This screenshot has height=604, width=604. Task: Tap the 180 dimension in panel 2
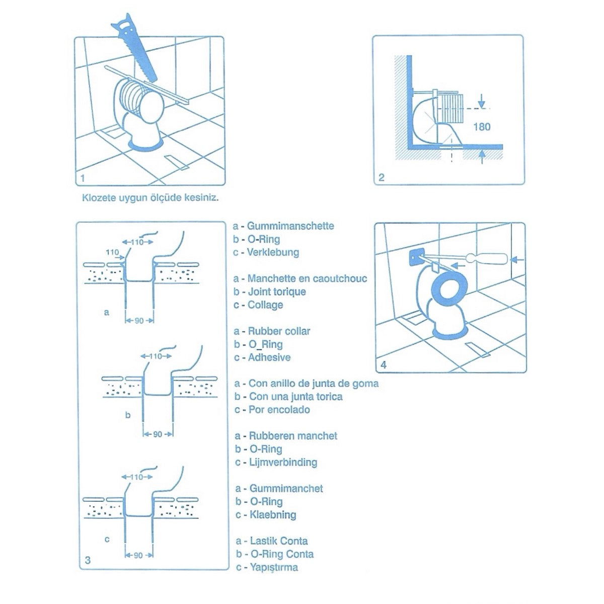(x=481, y=126)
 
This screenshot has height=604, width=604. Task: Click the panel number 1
(x=82, y=178)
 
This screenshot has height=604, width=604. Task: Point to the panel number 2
(x=381, y=177)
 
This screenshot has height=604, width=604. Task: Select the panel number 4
(x=384, y=365)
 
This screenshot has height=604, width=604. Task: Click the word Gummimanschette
(x=290, y=226)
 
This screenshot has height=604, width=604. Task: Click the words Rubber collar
(x=279, y=331)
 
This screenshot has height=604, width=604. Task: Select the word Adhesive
(x=269, y=357)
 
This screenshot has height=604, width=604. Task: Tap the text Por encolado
(x=279, y=410)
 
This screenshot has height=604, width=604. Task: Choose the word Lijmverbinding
(x=282, y=462)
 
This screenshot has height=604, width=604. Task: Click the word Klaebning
(x=272, y=515)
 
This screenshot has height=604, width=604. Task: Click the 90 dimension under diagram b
(x=158, y=434)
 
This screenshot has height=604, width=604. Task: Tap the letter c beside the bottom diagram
(x=106, y=540)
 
